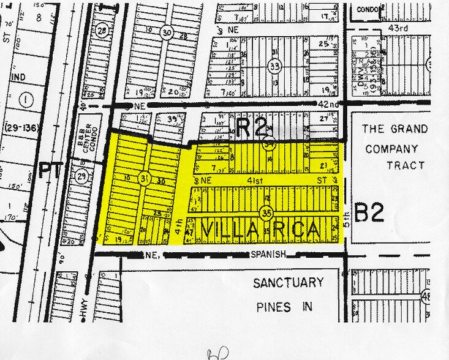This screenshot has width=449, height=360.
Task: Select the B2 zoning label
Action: point(369,212)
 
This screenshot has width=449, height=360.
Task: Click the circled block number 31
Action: point(145,179)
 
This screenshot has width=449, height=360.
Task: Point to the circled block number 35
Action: point(266,213)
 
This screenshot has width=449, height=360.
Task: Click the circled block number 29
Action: point(83,178)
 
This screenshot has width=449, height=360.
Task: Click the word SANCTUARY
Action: point(289,283)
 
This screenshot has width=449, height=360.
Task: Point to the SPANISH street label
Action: point(268,254)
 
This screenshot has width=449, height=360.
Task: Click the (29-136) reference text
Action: point(23,127)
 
